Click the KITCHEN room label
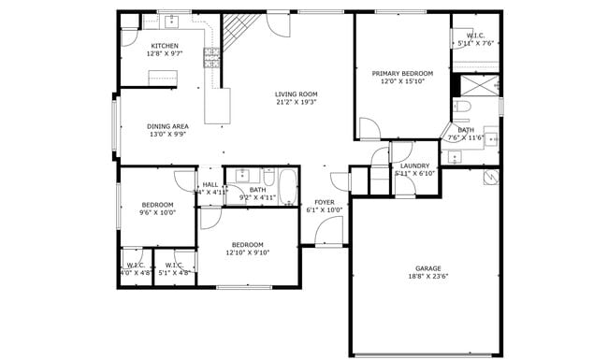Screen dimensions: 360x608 [166, 46]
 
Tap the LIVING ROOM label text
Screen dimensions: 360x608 [297, 94]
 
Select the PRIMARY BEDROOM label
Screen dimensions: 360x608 [402, 73]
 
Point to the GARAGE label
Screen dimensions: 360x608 [428, 268]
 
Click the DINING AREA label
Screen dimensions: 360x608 [168, 125]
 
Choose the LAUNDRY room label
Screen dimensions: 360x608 [414, 166]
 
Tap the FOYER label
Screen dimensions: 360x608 [325, 202]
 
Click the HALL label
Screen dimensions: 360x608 [210, 184]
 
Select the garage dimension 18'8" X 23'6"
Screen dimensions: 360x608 [428, 277]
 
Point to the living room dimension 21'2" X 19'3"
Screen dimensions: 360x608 [297, 102]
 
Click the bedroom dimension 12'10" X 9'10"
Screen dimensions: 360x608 [248, 252]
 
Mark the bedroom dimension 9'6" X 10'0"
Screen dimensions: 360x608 [157, 212]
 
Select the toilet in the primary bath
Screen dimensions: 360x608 [462, 111]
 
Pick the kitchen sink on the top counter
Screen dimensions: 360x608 [173, 21]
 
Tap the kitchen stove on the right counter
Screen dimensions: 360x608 [211, 58]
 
